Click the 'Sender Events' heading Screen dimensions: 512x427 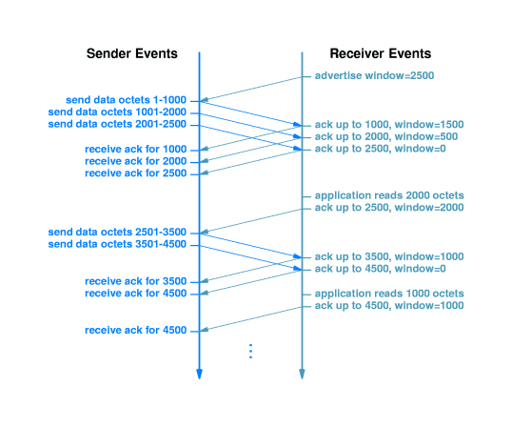[x=132, y=53]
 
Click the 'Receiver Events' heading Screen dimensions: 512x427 [x=381, y=53]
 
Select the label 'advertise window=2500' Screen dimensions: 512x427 [x=374, y=75]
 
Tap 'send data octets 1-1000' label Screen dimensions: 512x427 [x=126, y=100]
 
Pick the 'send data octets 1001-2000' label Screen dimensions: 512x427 [x=117, y=112]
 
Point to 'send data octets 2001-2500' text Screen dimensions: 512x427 [x=117, y=124]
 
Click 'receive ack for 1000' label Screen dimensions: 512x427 [x=135, y=149]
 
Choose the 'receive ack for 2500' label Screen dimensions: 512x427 [x=135, y=173]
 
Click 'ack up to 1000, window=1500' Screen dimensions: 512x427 [x=389, y=125]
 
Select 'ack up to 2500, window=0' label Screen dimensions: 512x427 [x=380, y=149]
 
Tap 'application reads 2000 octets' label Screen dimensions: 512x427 [x=389, y=195]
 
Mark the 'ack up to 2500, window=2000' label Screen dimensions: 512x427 [x=389, y=208]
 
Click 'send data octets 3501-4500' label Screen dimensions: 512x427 [x=117, y=244]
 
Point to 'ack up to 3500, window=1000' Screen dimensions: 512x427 [x=389, y=256]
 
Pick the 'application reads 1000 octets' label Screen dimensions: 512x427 [x=389, y=294]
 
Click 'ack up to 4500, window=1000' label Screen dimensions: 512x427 [x=389, y=306]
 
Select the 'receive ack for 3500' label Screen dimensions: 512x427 [x=135, y=281]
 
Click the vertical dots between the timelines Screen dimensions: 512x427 [x=251, y=351]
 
